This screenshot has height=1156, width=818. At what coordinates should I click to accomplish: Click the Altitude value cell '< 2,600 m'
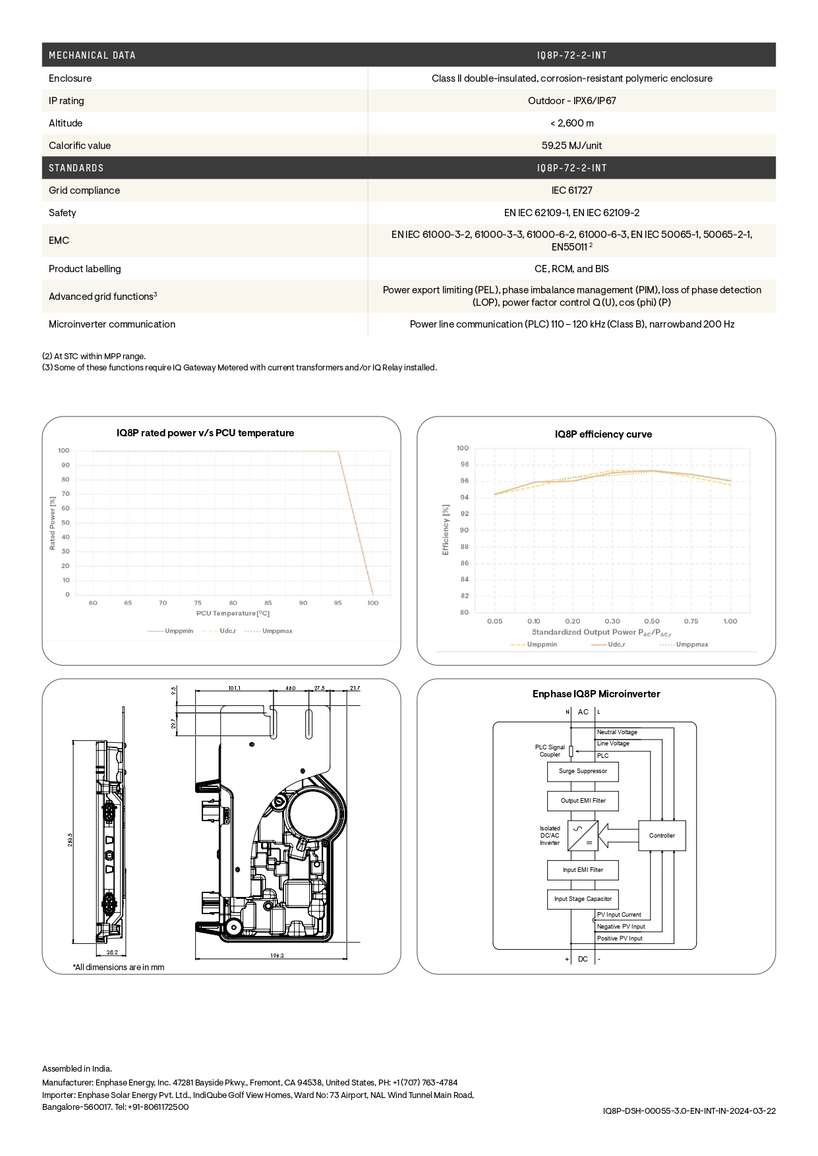571,123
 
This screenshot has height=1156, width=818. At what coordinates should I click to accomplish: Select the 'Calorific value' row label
80,146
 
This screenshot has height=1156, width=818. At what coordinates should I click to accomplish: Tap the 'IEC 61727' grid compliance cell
571,190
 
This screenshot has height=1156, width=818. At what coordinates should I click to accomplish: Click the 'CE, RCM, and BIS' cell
571,269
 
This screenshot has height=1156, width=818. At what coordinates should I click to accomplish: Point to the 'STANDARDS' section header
76,168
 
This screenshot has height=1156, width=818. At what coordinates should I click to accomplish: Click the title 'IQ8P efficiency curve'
603,434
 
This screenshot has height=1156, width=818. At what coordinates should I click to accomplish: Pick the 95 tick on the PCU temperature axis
338,603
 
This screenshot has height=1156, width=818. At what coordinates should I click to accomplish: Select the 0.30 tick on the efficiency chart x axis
612,621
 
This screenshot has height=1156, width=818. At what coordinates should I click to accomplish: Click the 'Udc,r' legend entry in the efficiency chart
616,645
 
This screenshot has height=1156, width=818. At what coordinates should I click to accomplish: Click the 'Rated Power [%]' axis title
53,523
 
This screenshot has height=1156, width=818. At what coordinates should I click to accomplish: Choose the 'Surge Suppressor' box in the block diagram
583,771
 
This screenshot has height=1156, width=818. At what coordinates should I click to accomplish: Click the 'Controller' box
662,836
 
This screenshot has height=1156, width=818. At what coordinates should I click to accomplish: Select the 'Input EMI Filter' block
583,870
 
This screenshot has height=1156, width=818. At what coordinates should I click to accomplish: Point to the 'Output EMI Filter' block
583,801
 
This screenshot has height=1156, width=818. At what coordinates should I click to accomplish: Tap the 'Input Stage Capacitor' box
583,899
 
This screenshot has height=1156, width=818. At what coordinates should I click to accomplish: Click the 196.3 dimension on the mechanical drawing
277,956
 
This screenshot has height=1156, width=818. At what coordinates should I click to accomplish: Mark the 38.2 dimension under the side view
112,952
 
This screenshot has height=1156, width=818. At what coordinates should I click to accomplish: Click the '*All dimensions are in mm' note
119,968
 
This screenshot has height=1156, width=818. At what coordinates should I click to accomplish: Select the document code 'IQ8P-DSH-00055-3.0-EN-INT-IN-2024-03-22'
689,1111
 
